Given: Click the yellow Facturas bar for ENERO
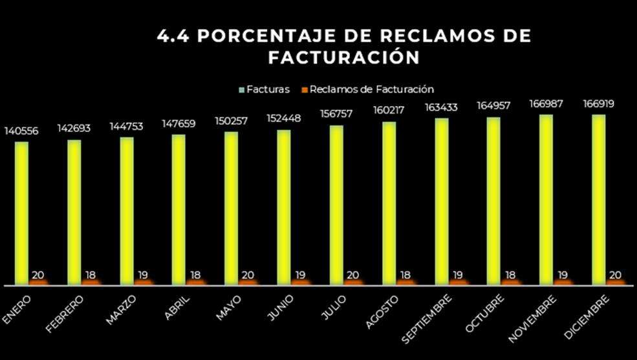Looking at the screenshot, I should (x=22, y=213).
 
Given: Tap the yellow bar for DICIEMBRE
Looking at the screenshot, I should (x=599, y=200).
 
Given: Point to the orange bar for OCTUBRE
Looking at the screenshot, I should (x=511, y=282).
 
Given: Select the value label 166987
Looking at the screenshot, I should (x=546, y=103).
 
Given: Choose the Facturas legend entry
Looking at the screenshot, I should (x=265, y=89).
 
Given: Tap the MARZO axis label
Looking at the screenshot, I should (x=121, y=310).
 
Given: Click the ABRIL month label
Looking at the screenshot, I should (x=178, y=308).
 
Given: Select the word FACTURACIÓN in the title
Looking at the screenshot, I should (x=344, y=58).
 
